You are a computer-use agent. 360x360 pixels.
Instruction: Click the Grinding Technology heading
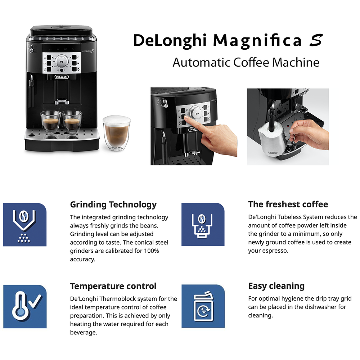(x=113, y=205)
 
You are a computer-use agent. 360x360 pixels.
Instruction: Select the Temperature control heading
(x=113, y=286)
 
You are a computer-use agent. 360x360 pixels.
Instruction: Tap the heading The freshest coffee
(x=288, y=204)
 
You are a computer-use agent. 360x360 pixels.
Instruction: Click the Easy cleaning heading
(x=276, y=286)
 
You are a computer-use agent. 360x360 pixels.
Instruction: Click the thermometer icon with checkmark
(x=25, y=306)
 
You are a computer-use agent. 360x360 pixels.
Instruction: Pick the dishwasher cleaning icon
(x=203, y=306)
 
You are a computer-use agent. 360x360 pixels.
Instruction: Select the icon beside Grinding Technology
(x=25, y=225)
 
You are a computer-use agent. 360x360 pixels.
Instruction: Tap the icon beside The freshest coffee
(x=203, y=225)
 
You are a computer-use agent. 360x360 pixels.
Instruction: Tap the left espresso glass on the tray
(x=50, y=122)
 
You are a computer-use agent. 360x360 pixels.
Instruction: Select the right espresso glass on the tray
(x=72, y=122)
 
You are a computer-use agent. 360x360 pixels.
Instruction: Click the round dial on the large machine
(x=62, y=62)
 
